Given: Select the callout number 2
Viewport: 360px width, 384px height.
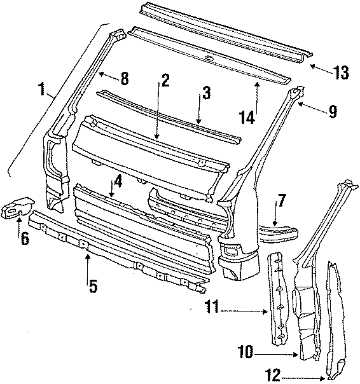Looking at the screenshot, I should click(x=164, y=81).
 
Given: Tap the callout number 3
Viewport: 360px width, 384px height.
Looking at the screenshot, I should click(x=205, y=93).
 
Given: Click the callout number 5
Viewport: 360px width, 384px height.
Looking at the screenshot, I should click(x=92, y=286).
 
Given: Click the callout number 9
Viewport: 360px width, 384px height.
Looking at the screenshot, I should click(x=332, y=112).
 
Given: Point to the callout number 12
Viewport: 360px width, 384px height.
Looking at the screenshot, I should click(x=272, y=376).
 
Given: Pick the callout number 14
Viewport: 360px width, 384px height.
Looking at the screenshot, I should click(x=247, y=117).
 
